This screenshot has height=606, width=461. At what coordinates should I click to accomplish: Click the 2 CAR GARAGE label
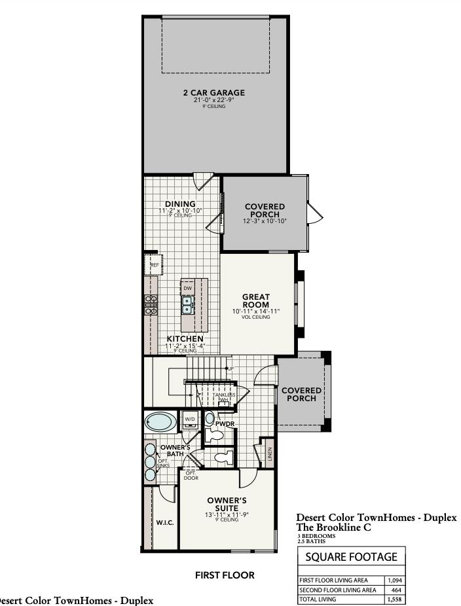point(214,93)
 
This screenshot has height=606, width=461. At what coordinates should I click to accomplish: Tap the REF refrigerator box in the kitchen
point(155,265)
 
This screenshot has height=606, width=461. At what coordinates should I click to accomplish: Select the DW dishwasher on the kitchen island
point(187,288)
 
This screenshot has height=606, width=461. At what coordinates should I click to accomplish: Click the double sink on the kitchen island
point(187,305)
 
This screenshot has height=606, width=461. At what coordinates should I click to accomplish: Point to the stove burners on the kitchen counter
point(151,305)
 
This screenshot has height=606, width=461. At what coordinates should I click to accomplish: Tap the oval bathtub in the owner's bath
point(158,420)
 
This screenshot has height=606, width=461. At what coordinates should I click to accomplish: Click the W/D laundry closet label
point(190,418)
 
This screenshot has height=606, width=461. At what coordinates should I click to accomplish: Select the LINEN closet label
point(270,453)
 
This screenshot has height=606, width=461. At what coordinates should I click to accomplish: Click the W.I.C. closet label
point(164,523)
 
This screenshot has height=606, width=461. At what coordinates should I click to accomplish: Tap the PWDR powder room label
point(225,424)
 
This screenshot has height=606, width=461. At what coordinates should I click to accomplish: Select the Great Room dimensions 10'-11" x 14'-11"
point(256,312)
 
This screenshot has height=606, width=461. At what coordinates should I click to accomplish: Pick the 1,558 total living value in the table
point(394,599)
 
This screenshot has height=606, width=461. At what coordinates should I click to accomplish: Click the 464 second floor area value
point(396,590)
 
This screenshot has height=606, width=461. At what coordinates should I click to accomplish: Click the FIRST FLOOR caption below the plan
point(225,575)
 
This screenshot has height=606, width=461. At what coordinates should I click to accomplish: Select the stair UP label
point(230,369)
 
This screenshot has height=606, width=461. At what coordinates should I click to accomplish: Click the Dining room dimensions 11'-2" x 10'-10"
point(180,211)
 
